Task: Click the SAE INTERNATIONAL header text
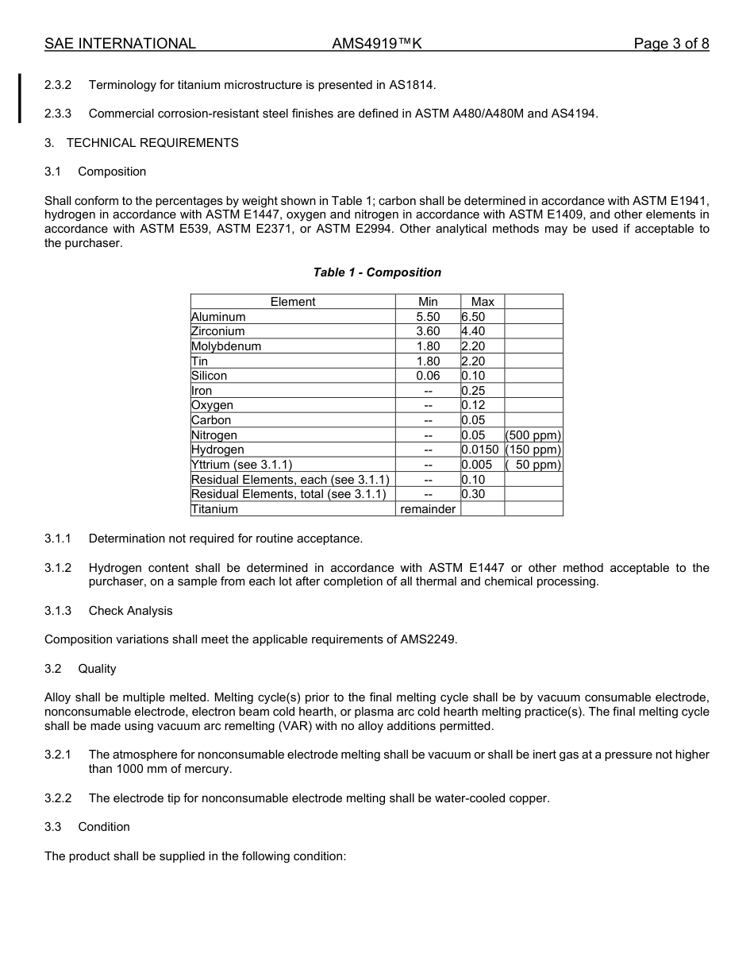tap(120, 44)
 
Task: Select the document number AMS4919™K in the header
tap(377, 44)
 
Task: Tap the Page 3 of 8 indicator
tap(671, 44)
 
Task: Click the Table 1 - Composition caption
tap(377, 272)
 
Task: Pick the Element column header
tap(293, 302)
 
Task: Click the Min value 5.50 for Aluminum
tap(428, 317)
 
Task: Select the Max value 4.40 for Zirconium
tap(473, 331)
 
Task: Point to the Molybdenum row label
tap(226, 346)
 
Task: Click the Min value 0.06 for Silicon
tap(428, 376)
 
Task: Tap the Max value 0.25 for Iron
tap(473, 391)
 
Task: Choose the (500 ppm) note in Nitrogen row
tap(533, 435)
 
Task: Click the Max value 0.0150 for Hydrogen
tap(480, 450)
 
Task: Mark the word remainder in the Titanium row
tap(428, 509)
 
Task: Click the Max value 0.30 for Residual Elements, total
tap(473, 494)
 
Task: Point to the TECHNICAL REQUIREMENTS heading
tap(152, 143)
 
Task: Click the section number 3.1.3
tap(58, 611)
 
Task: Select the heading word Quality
tap(97, 669)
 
